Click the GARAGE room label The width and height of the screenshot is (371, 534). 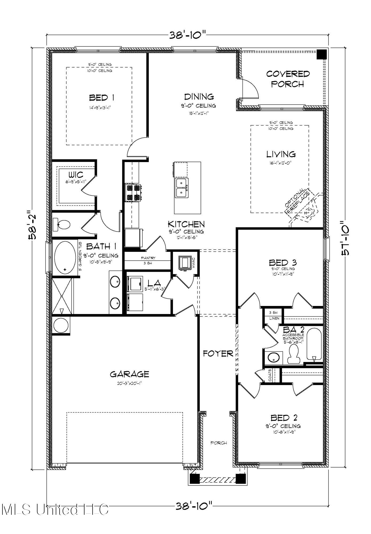tap(129, 374)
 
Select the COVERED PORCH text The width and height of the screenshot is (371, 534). tap(288, 79)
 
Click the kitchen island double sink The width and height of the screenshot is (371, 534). tap(181, 188)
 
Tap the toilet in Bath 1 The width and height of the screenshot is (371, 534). tap(62, 224)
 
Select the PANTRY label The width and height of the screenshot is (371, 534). tap(148, 258)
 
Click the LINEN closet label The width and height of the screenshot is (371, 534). tap(274, 318)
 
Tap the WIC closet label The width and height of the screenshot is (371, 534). tap(76, 175)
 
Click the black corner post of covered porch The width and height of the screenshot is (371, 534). tap(322, 54)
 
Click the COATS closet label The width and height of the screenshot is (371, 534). tap(270, 375)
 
